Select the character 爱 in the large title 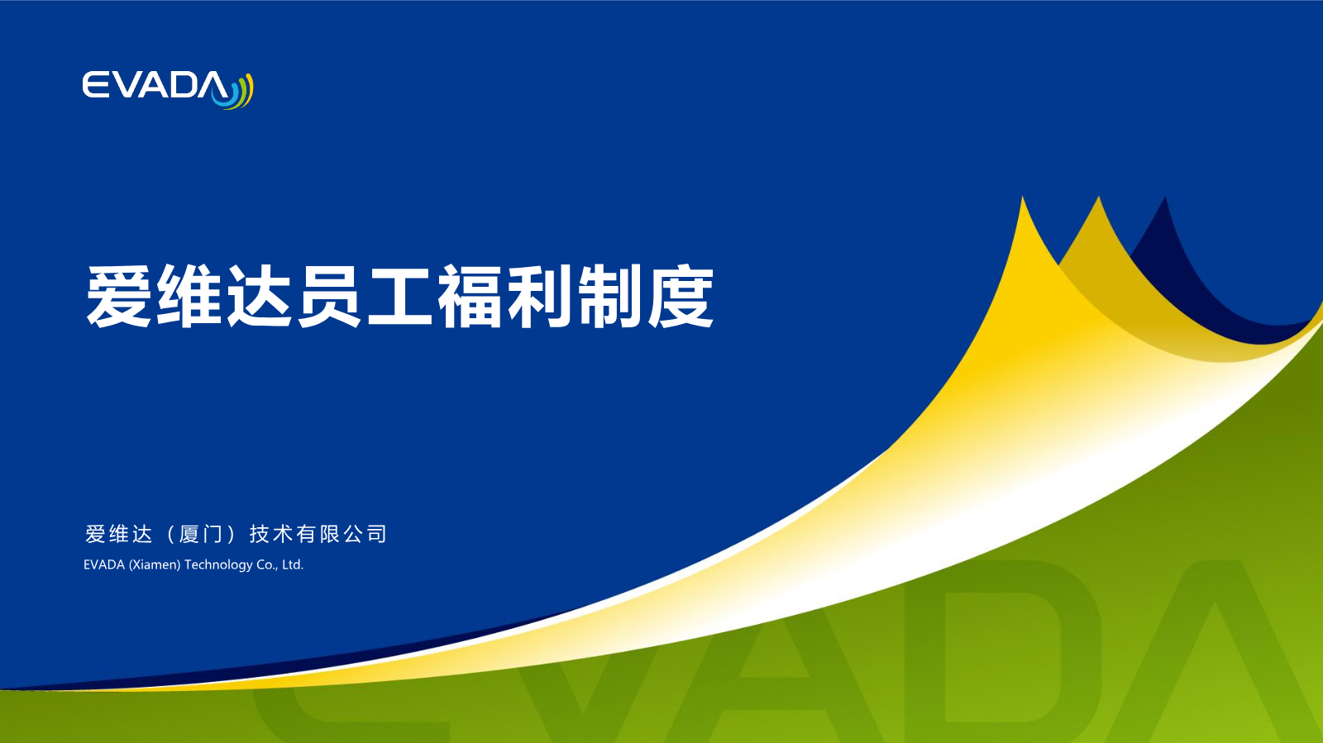pos(118,296)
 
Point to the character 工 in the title pos(400,296)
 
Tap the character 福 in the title pos(470,296)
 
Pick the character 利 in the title pos(540,296)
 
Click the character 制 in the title pos(610,296)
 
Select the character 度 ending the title pos(681,296)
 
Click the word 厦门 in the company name pos(201,534)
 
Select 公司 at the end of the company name pos(365,534)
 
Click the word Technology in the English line pos(218,564)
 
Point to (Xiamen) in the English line pos(155,564)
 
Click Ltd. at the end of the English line pos(293,564)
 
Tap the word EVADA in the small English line pos(104,564)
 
